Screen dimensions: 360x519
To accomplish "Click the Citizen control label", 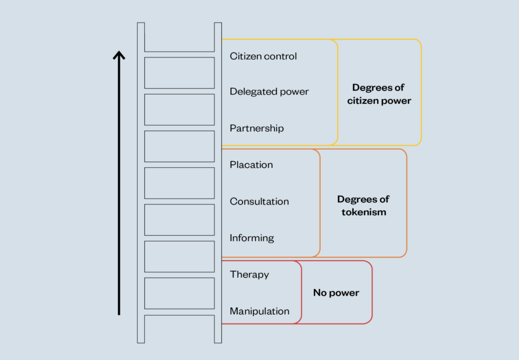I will [x=263, y=56].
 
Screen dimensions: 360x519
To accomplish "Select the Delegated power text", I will [x=269, y=92].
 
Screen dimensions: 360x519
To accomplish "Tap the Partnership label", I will [x=256, y=128].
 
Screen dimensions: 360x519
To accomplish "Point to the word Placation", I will [x=251, y=165].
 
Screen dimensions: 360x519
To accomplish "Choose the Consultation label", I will [x=259, y=201].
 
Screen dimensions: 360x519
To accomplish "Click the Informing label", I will [x=252, y=238].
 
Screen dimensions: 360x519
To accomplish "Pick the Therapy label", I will [x=249, y=275].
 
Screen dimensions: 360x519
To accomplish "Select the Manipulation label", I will [x=259, y=311].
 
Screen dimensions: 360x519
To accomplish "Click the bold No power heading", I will [x=336, y=293].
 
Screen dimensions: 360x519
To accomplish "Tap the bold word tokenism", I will [x=363, y=213].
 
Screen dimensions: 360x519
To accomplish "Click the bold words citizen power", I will [x=379, y=101].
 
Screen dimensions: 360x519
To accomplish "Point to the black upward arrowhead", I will [x=119, y=56].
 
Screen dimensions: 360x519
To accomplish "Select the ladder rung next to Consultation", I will [x=179, y=201].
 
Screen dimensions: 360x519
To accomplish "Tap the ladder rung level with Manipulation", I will [x=179, y=312].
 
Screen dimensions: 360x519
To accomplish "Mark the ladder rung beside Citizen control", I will [x=179, y=55].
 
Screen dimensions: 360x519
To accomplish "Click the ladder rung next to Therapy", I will [x=179, y=275].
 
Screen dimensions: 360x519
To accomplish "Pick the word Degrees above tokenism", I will [x=363, y=199].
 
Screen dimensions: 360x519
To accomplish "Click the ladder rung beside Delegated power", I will [x=179, y=92].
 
